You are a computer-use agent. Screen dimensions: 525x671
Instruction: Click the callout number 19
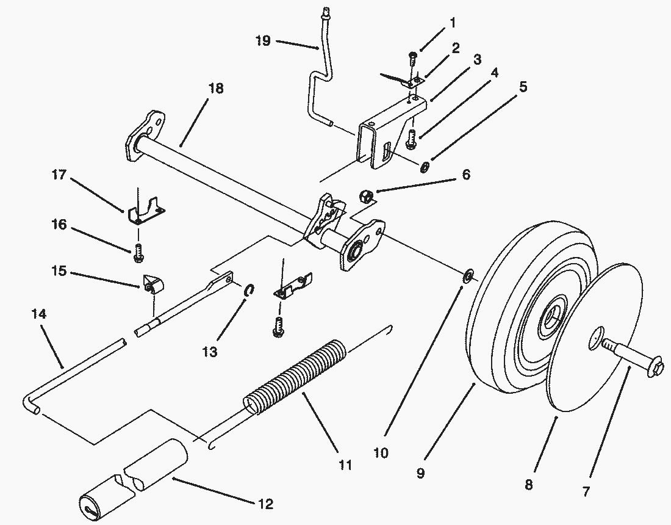click(x=263, y=41)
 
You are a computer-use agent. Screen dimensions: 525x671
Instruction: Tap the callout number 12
click(x=265, y=504)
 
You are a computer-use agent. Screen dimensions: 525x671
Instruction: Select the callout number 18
click(x=215, y=89)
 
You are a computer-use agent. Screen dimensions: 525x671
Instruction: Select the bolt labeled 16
click(x=138, y=252)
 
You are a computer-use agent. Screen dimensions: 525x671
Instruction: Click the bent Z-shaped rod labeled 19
click(x=317, y=92)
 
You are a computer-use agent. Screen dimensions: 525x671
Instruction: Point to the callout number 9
click(x=420, y=473)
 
